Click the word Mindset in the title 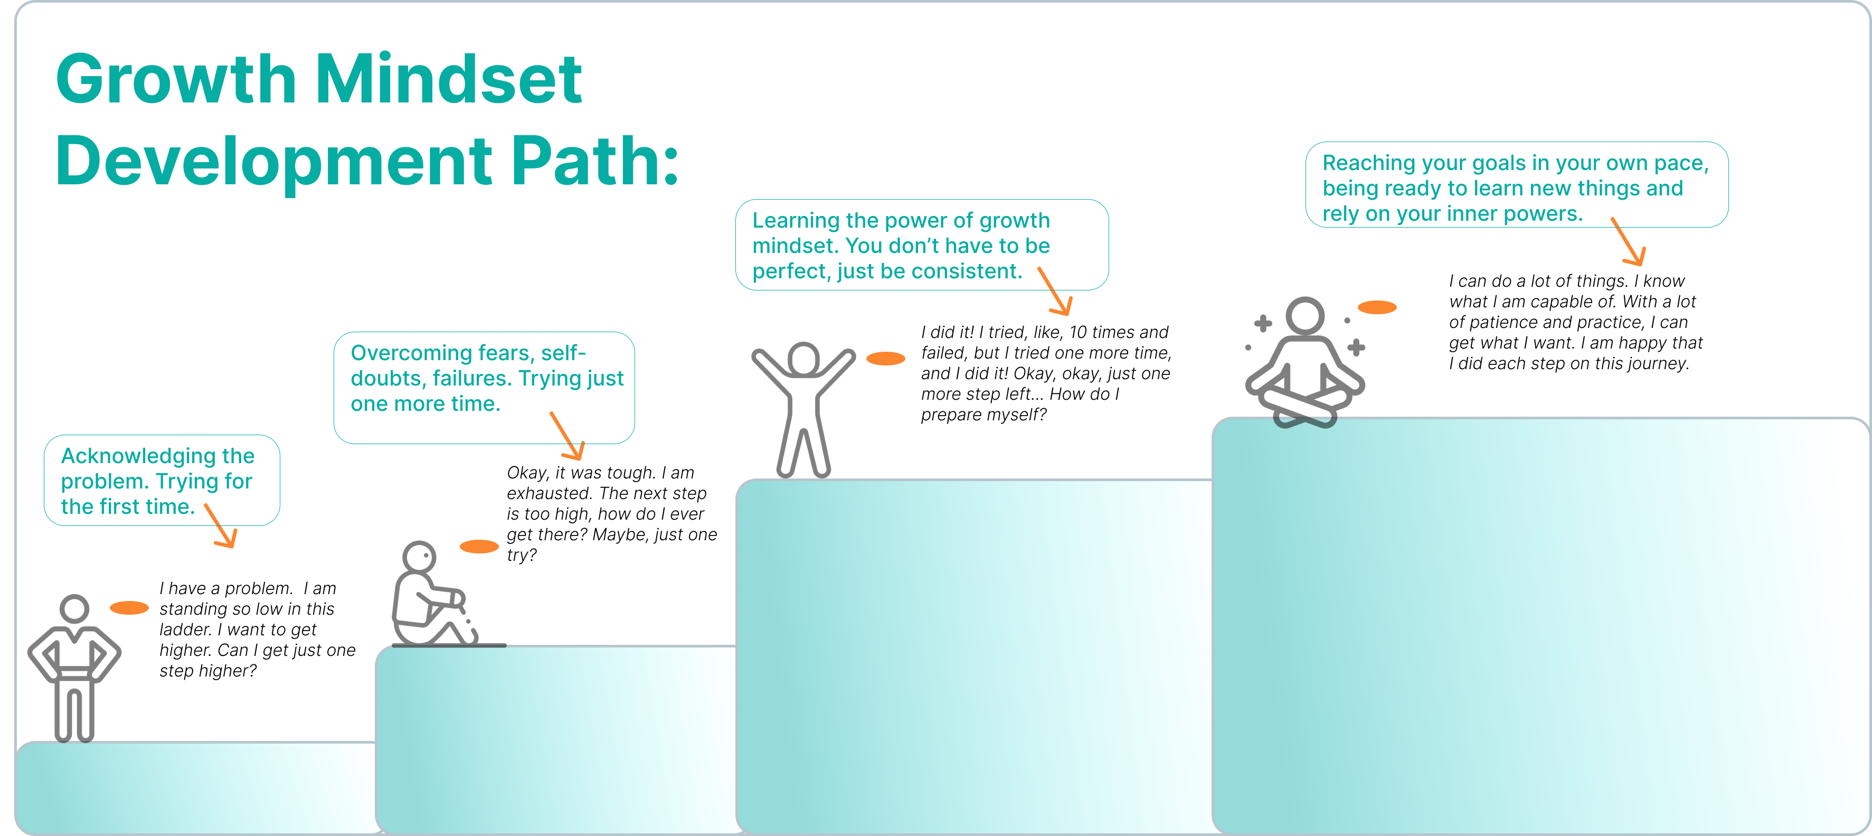[448, 79]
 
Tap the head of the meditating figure [1304, 317]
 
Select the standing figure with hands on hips [74, 665]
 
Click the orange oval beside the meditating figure [1377, 307]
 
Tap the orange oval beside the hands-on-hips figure [129, 608]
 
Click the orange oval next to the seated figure [480, 547]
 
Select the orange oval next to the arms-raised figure [886, 359]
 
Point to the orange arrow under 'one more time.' [568, 436]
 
